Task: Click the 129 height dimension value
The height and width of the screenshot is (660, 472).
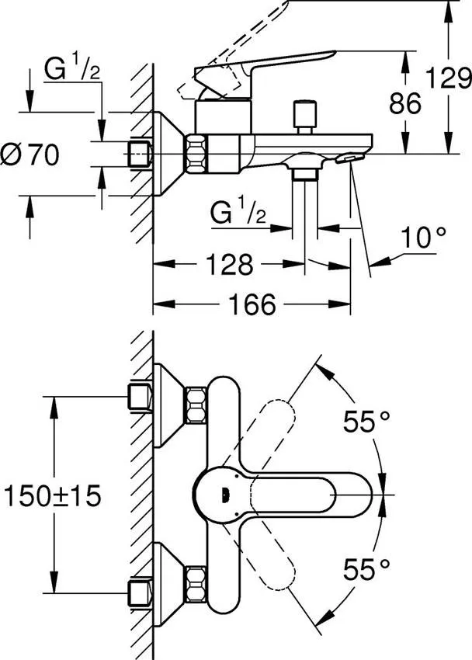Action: pos(451,78)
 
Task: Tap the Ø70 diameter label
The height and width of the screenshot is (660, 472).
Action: pos(31,155)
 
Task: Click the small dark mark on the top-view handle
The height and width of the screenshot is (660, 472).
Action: pos(225,492)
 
